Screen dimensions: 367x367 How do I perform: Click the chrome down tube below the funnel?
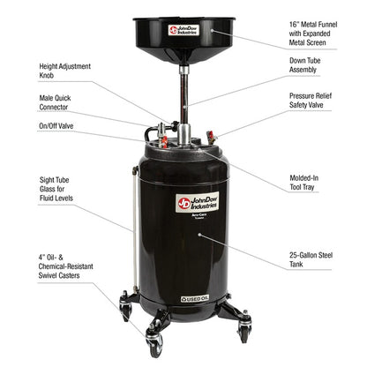[x=183, y=97]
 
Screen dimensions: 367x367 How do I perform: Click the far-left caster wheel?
[x=125, y=309]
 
